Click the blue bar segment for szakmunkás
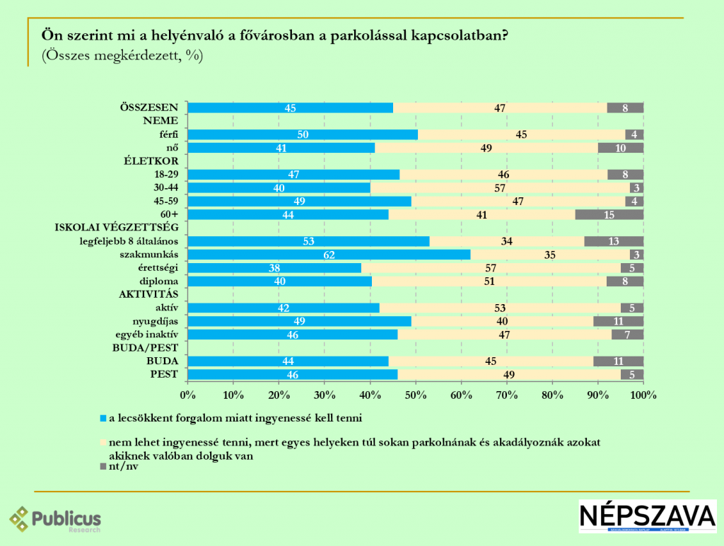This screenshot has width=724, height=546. tap(329, 255)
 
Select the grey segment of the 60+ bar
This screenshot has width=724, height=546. tap(609, 214)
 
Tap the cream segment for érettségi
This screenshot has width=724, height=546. tap(491, 268)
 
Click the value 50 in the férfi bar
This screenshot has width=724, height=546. tap(302, 134)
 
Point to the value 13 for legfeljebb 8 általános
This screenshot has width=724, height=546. tap(614, 241)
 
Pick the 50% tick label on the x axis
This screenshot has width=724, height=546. tap(415, 393)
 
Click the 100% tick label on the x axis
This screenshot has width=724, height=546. tap(643, 393)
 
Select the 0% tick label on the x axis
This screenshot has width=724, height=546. tap(187, 393)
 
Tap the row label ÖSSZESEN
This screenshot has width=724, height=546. tap(151, 108)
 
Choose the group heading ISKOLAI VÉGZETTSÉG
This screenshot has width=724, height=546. tap(117, 228)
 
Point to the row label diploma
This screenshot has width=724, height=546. tap(160, 281)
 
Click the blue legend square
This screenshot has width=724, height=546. tap(103, 418)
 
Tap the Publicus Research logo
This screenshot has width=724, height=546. tap(55, 521)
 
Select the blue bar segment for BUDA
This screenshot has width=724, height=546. tap(288, 361)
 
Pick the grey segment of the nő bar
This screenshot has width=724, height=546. tap(620, 148)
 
